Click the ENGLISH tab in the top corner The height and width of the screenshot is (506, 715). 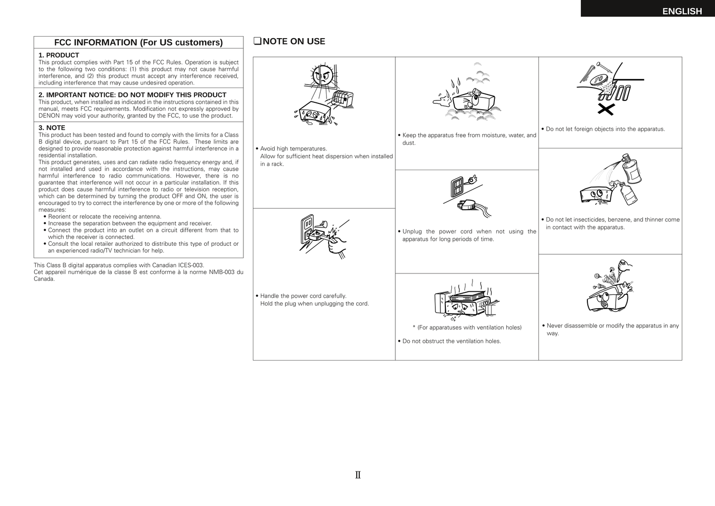[681, 11]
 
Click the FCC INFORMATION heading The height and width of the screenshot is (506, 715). [138, 43]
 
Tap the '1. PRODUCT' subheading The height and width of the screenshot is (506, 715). [59, 55]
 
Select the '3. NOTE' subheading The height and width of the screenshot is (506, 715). [52, 128]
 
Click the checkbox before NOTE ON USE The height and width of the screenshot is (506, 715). [257, 42]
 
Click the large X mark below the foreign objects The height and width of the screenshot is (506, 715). [606, 109]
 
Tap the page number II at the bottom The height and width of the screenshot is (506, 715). [358, 475]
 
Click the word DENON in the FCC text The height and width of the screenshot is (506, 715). [49, 116]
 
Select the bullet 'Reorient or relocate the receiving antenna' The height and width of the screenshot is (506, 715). [104, 217]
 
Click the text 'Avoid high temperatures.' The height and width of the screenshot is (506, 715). [293, 149]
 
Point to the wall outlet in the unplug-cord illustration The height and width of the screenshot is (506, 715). [457, 186]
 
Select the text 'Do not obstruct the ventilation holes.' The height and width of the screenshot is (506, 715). [451, 341]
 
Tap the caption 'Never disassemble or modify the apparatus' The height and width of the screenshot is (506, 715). [612, 326]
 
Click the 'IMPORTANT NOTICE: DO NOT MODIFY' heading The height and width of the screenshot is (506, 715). [132, 95]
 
